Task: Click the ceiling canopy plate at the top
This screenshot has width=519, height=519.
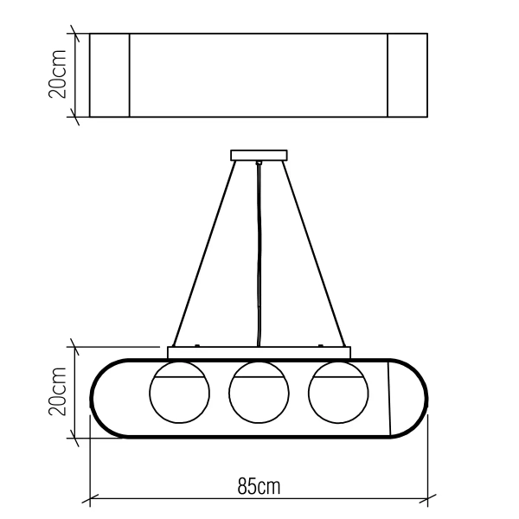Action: click(x=259, y=157)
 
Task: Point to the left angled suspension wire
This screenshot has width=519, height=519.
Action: click(x=204, y=251)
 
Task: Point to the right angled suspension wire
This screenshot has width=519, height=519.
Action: click(x=313, y=251)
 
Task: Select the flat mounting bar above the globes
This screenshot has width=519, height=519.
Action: click(x=259, y=352)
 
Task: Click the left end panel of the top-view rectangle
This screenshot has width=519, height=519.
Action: click(x=110, y=75)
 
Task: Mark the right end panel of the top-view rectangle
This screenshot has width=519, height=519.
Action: click(x=407, y=75)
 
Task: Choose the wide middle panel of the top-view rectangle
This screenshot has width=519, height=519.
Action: click(x=259, y=75)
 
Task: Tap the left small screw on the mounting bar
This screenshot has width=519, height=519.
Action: click(x=198, y=346)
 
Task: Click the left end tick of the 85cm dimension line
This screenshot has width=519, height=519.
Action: click(x=92, y=499)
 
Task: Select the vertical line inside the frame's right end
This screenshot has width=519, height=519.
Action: click(x=388, y=398)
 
